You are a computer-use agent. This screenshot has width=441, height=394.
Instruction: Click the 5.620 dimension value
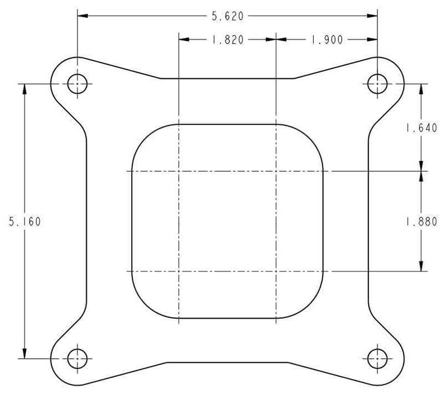[227, 16]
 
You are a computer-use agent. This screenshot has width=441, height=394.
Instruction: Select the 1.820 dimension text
[227, 40]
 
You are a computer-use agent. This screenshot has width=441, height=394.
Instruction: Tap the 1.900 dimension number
[327, 40]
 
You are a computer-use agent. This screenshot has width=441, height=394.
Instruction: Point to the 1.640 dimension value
[421, 128]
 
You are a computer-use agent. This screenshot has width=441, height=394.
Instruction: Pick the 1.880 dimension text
[421, 221]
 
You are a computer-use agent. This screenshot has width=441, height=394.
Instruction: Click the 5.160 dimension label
[25, 221]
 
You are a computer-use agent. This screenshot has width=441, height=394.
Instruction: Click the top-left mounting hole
[77, 84]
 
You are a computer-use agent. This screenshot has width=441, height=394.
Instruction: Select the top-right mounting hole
[377, 84]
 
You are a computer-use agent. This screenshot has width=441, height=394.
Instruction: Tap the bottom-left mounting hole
[77, 358]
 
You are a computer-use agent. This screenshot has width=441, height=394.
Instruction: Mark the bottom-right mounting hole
[377, 358]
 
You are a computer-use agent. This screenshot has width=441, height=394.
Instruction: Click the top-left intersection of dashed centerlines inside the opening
[178, 171]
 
